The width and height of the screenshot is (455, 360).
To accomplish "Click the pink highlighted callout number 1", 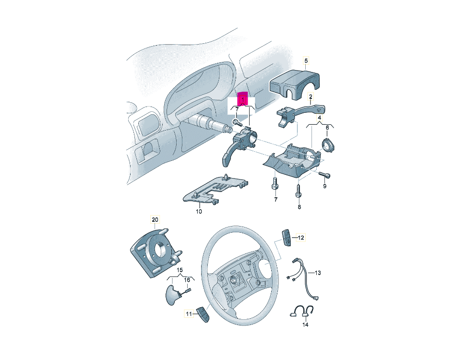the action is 242,99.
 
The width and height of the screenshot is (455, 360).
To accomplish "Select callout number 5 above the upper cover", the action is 306,60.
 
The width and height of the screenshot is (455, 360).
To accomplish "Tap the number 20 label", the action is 155,219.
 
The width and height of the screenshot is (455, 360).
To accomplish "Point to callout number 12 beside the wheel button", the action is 301,238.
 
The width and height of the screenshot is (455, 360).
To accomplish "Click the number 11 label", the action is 189,313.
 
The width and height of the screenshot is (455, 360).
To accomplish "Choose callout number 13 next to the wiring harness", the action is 318,273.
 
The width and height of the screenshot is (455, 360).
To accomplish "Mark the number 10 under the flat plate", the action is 199,212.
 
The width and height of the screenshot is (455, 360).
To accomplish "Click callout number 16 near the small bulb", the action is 187,280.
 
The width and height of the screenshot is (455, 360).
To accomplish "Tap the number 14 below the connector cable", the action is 305,324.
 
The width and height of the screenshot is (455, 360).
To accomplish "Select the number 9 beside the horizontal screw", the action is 325,186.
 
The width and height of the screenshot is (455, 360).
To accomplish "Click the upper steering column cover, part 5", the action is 295,85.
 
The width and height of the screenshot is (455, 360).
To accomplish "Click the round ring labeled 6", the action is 327,145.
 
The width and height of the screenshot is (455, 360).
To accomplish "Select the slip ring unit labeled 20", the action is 156,252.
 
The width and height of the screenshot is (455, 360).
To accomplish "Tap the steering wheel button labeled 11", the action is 204,314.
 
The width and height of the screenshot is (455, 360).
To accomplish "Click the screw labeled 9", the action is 325,175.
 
